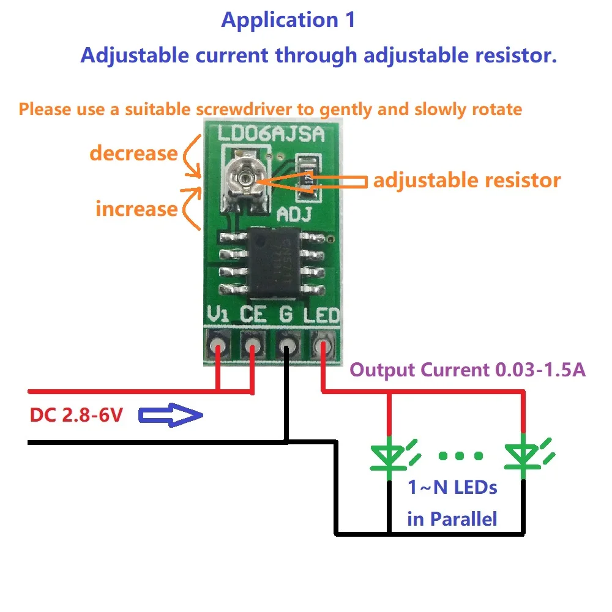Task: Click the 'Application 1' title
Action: [x=288, y=20]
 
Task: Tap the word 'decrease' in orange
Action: [x=133, y=153]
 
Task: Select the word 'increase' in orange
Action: [x=136, y=209]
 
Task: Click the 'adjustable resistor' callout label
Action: [x=466, y=181]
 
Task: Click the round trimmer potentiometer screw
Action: [x=244, y=178]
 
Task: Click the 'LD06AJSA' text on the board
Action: [x=271, y=133]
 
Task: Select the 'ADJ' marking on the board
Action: [x=295, y=214]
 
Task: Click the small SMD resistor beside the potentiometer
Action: [x=308, y=177]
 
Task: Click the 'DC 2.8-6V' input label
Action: [x=76, y=416]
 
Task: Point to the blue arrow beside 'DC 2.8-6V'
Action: [x=171, y=417]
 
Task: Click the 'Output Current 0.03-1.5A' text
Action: [x=467, y=370]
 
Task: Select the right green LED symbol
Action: [x=524, y=456]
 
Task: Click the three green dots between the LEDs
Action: [x=460, y=455]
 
